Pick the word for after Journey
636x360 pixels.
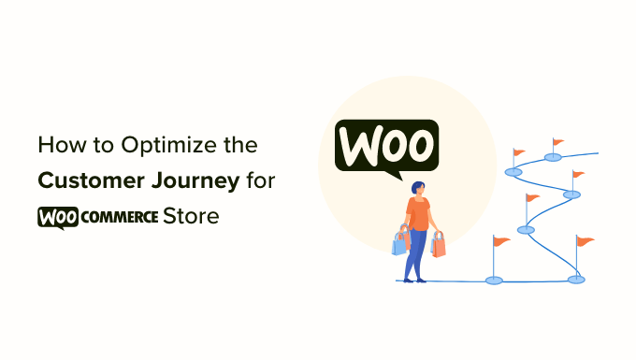(255, 181)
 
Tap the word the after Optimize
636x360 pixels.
(236, 147)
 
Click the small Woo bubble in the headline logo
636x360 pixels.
(56, 217)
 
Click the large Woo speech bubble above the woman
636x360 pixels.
(386, 147)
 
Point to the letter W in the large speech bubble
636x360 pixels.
(358, 147)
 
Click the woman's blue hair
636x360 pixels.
(414, 188)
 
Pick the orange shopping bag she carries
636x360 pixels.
(438, 245)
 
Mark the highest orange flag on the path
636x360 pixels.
(558, 143)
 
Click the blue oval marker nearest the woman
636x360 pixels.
(493, 279)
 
